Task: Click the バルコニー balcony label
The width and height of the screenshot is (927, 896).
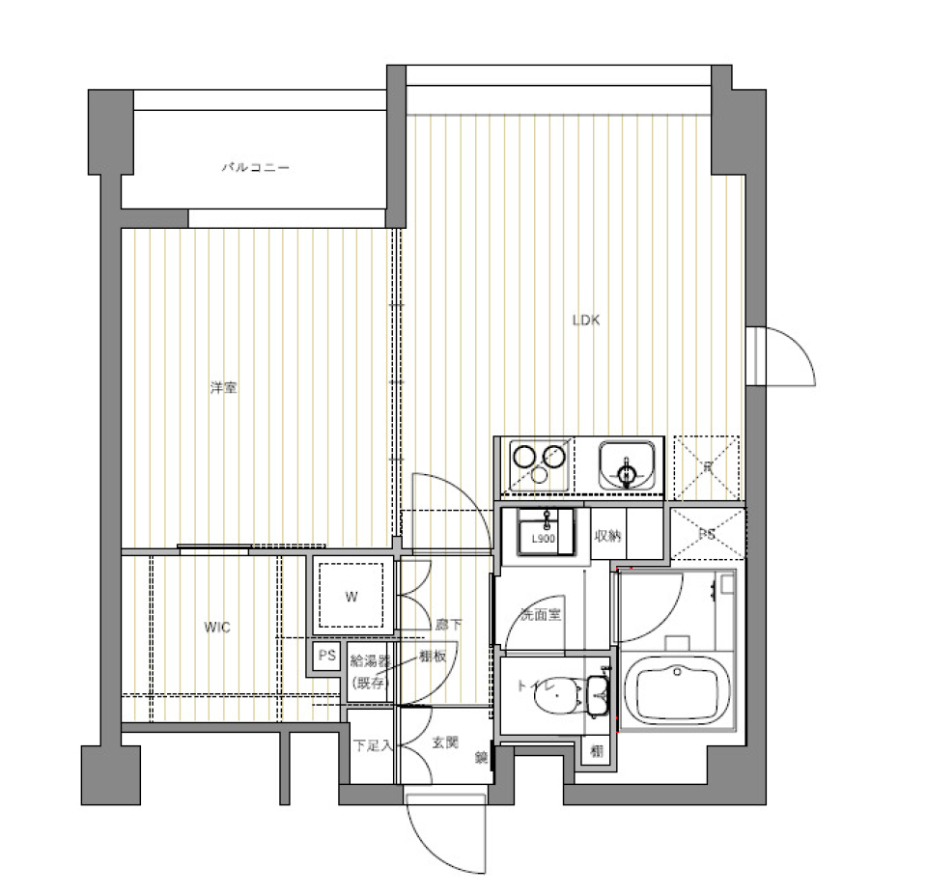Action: [256, 168]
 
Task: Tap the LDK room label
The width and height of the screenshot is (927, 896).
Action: [585, 321]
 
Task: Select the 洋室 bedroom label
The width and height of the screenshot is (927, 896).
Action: [224, 388]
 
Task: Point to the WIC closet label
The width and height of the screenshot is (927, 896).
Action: [217, 628]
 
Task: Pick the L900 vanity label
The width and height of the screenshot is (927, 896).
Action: [543, 539]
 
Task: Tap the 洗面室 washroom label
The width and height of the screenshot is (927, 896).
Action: [541, 614]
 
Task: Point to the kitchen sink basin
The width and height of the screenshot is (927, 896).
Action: [628, 464]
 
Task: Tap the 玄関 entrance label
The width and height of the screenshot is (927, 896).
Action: [444, 743]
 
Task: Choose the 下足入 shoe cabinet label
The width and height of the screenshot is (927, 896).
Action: [372, 745]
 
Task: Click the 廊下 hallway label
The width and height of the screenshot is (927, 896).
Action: [449, 625]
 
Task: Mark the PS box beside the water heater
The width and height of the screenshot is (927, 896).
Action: [326, 657]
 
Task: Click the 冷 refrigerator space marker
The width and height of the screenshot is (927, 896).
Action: [708, 468]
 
